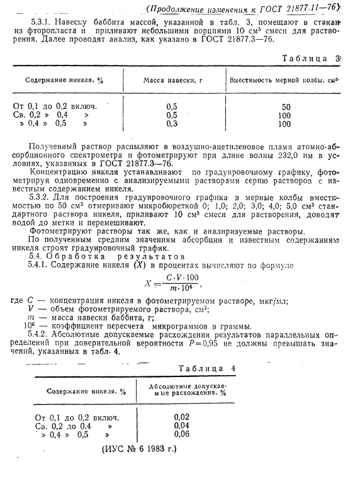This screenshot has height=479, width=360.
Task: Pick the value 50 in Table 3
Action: pyautogui.click(x=285, y=107)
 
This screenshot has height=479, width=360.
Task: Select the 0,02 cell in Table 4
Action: pyautogui.click(x=181, y=417)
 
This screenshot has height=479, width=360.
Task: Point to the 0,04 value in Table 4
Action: pyautogui.click(x=181, y=425)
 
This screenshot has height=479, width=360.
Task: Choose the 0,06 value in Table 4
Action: pyautogui.click(x=181, y=434)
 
